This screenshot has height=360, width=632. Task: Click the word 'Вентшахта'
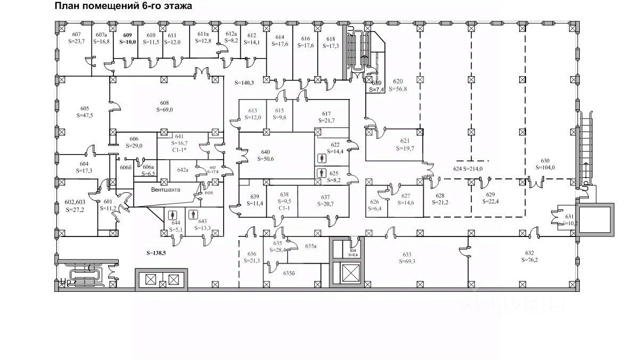[x=165, y=189]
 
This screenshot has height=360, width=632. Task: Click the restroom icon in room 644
[x=172, y=215]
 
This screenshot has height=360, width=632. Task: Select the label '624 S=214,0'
[x=468, y=169]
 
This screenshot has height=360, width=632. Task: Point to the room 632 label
[x=529, y=253]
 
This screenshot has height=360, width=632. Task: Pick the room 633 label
[x=409, y=254]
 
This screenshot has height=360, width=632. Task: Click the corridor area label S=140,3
[x=245, y=83]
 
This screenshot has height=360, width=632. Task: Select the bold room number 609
[x=127, y=35]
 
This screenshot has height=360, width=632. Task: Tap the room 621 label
[x=405, y=141]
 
